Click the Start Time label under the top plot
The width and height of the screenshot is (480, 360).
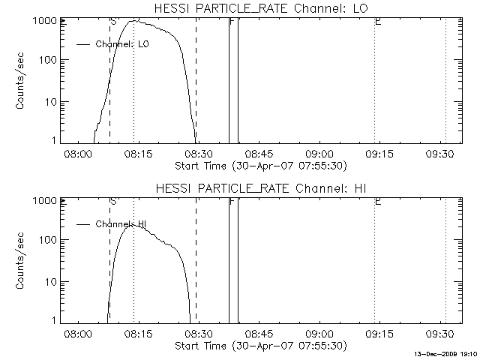point(259,165)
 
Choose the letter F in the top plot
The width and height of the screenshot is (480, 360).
point(232,22)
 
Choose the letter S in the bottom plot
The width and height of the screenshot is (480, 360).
point(112,202)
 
